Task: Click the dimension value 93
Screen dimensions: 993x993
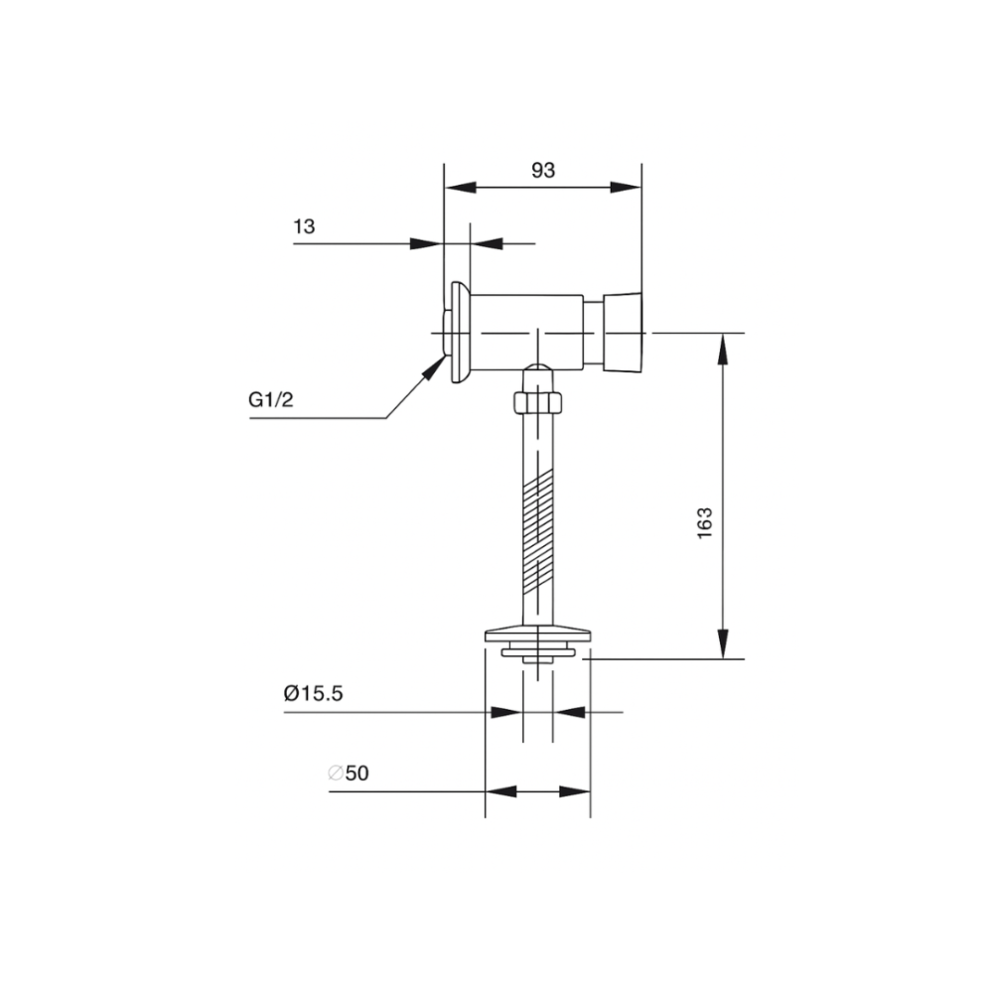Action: pyautogui.click(x=542, y=170)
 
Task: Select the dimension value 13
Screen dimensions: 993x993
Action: pyautogui.click(x=304, y=226)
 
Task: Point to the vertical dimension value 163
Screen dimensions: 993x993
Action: pyautogui.click(x=705, y=523)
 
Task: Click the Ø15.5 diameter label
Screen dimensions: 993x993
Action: pyautogui.click(x=313, y=693)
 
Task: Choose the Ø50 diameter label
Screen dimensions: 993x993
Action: pyautogui.click(x=349, y=773)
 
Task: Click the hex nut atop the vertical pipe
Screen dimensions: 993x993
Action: pyautogui.click(x=537, y=402)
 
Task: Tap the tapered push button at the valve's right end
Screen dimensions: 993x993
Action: pyautogui.click(x=623, y=333)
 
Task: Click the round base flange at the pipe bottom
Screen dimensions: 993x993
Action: pyautogui.click(x=537, y=632)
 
